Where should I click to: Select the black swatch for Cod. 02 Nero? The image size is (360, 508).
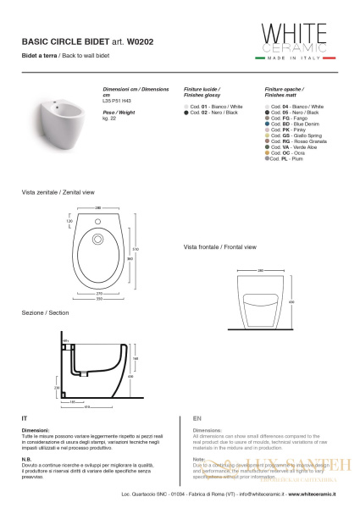point(186,112)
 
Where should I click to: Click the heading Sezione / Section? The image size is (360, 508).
point(46,313)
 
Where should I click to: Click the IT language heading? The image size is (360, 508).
point(25,419)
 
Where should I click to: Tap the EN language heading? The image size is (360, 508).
point(197,419)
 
